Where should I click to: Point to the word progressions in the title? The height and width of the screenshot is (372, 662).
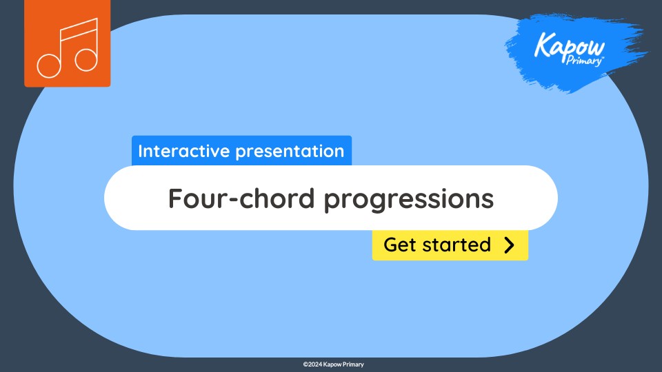tap(409, 199)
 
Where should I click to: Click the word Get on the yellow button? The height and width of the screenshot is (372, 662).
tap(399, 245)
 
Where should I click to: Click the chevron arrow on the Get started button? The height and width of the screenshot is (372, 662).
tap(509, 245)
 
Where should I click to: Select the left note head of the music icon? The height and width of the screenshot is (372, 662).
tap(49, 65)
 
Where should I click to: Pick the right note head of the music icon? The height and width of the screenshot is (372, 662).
tap(86, 59)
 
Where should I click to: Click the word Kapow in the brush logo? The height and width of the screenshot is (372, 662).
tap(570, 47)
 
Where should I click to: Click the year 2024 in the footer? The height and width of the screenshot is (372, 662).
tap(315, 364)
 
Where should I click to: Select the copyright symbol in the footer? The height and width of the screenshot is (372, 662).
tap(305, 364)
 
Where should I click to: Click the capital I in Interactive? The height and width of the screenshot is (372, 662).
tap(141, 151)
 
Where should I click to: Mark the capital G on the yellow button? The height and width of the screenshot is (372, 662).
tap(390, 245)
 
